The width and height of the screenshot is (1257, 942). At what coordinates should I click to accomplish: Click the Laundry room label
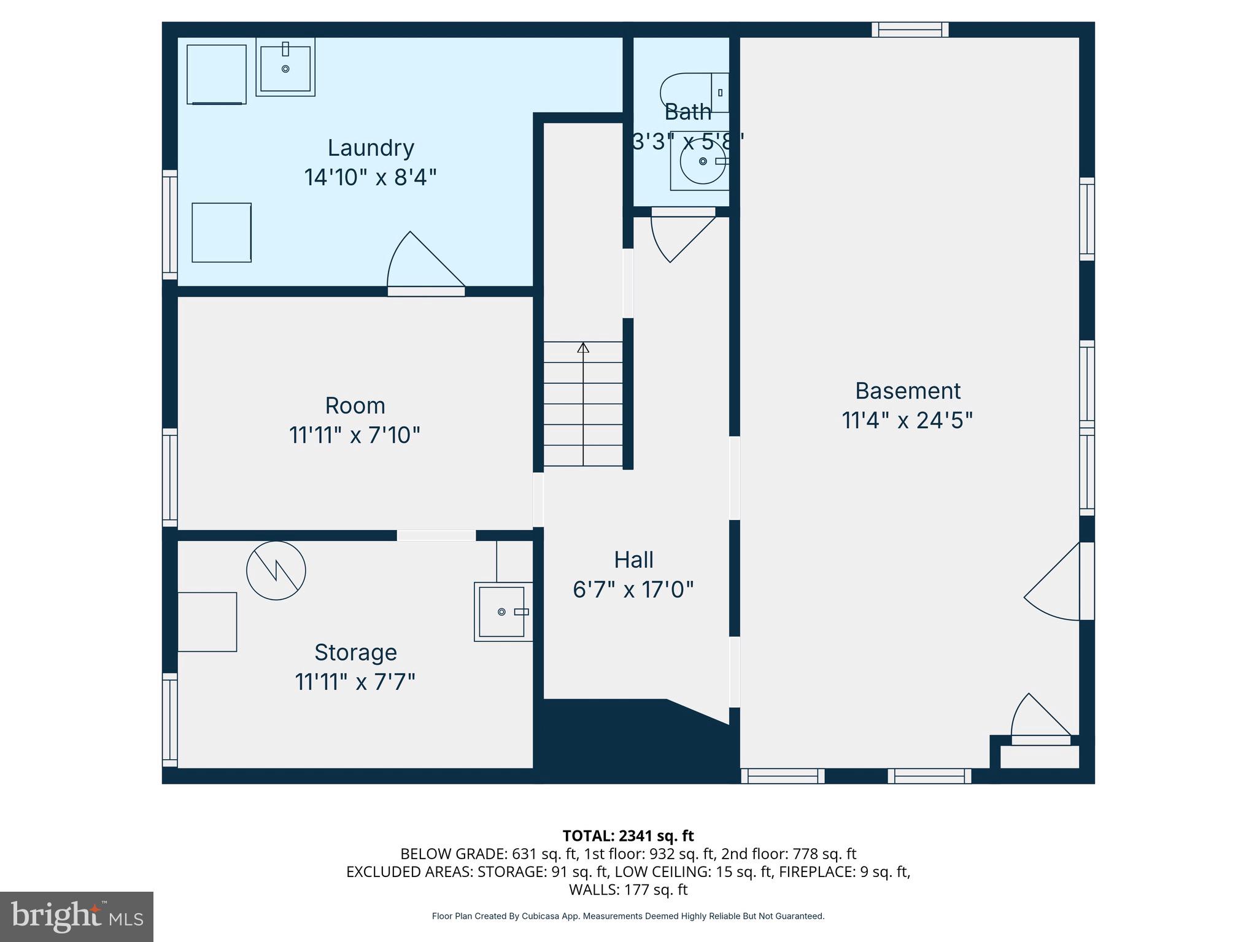(371, 148)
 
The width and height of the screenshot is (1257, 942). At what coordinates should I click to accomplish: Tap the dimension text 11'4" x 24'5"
(907, 421)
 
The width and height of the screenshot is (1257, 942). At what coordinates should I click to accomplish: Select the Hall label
(633, 560)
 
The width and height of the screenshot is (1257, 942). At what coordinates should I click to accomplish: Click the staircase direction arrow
(583, 348)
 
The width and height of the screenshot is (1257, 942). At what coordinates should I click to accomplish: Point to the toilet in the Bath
(694, 93)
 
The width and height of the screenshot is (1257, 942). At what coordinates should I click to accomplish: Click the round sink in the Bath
(703, 162)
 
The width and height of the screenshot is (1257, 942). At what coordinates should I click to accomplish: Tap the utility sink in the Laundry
(285, 67)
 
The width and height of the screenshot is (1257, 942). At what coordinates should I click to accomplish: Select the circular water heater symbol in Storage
(276, 570)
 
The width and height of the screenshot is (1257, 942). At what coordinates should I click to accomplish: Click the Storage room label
(355, 653)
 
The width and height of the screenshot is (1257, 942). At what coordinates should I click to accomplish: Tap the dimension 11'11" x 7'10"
(355, 435)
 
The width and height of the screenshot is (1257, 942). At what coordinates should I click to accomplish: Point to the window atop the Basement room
(910, 29)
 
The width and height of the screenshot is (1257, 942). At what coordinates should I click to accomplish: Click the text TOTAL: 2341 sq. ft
(628, 836)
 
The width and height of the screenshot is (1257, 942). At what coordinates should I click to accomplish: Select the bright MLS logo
(77, 917)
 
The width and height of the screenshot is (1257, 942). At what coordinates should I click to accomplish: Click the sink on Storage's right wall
(502, 611)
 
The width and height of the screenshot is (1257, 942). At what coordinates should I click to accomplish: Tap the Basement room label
(908, 391)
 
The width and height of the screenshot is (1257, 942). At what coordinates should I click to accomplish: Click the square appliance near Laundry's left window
(222, 232)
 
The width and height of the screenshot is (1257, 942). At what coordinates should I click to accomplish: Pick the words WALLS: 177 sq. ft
(628, 889)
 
